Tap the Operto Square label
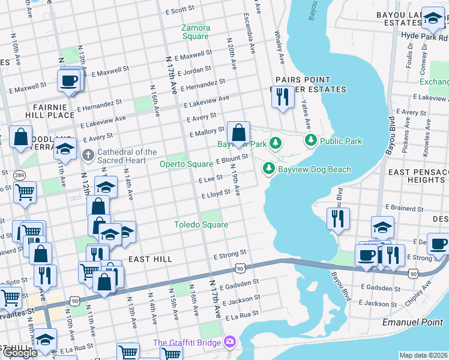(185, 164)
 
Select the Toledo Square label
(201, 224)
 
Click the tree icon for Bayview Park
(276, 143)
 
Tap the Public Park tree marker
(311, 140)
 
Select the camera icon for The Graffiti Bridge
(229, 343)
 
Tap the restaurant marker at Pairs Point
(283, 97)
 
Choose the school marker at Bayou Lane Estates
(432, 19)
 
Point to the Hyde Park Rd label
(424, 36)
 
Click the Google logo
(20, 353)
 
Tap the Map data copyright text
(423, 355)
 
